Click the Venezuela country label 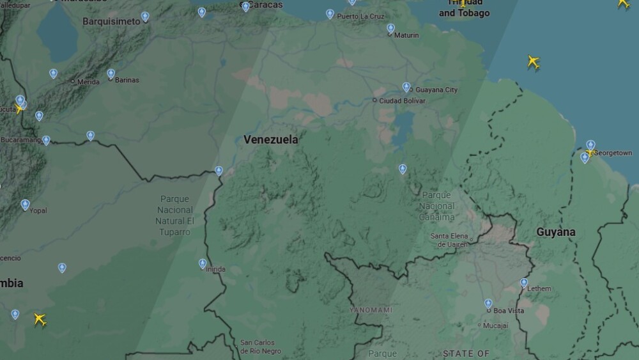tap(270, 139)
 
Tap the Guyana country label tap(555, 231)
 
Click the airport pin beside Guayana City tap(406, 87)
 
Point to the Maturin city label tap(406, 35)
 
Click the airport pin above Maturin tap(390, 28)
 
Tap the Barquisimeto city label tap(111, 21)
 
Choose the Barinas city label tap(127, 80)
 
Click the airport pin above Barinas tap(111, 74)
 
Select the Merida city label tap(88, 82)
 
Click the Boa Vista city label tap(508, 311)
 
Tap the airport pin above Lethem tap(524, 282)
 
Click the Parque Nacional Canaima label tap(437, 206)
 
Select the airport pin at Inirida tap(203, 263)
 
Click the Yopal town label tap(38, 210)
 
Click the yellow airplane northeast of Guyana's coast tap(534, 62)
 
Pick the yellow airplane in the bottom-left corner tap(40, 318)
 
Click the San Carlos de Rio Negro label tap(260, 347)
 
